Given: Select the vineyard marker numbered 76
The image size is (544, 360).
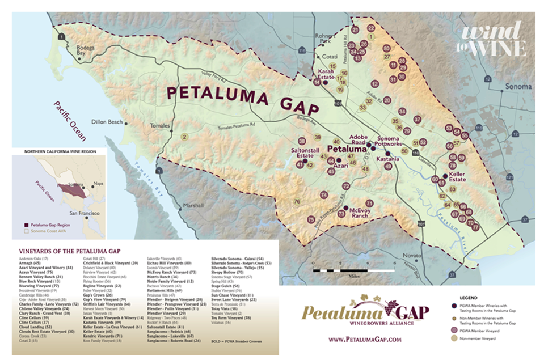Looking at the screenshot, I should coord(297,201).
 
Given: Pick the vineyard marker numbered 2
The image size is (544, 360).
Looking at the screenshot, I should coord(184,137).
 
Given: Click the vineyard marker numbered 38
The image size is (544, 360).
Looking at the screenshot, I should coord(302,141).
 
